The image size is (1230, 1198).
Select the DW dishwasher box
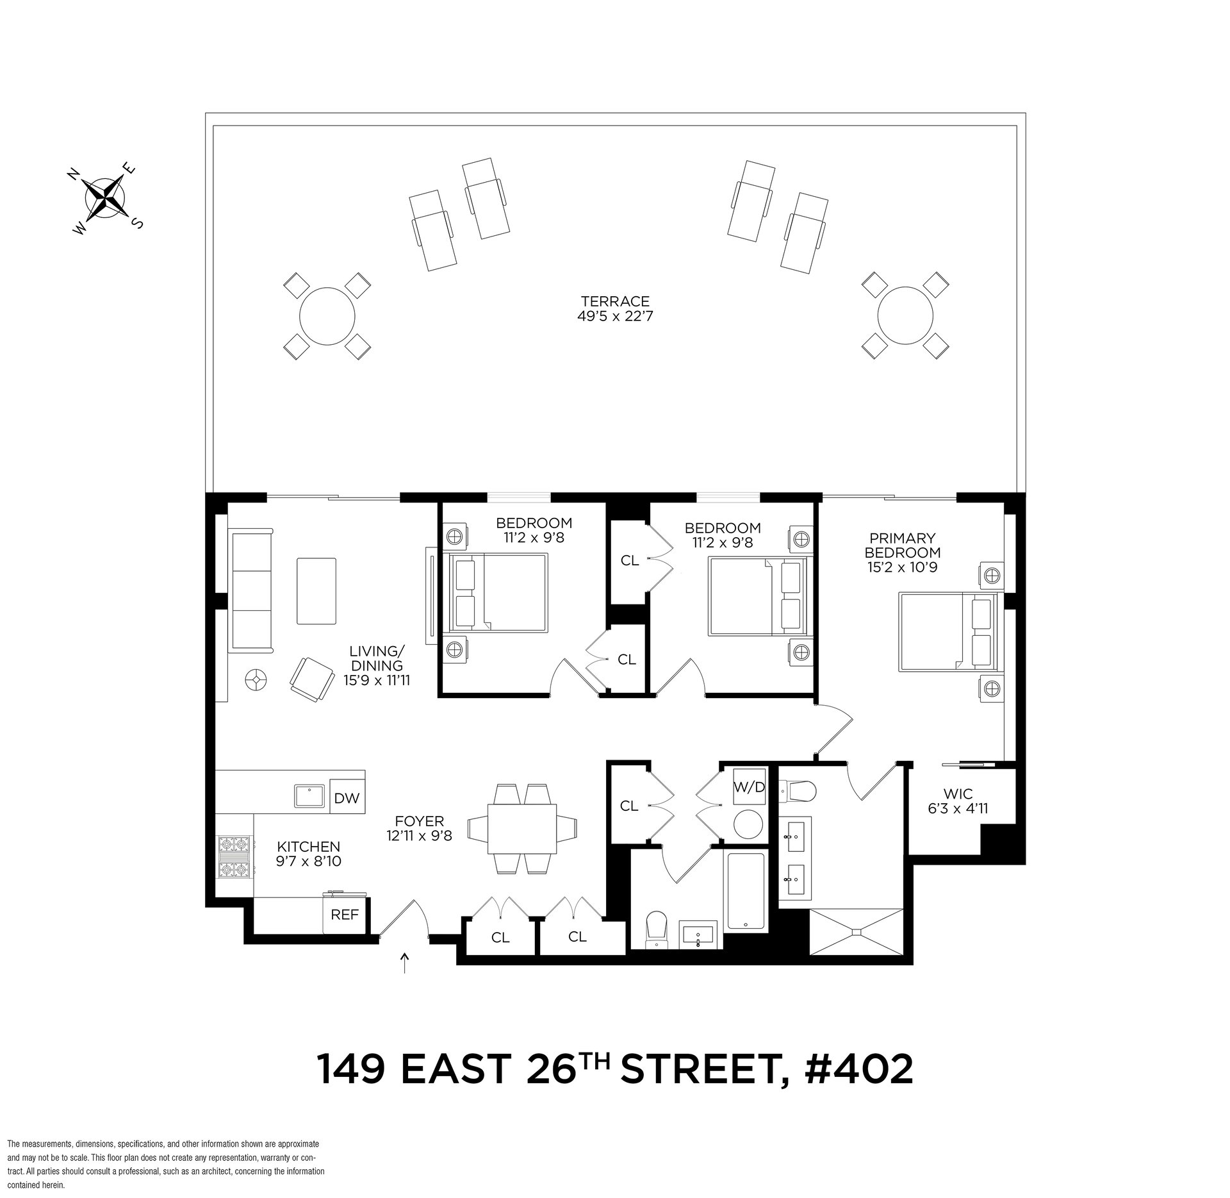pyautogui.click(x=347, y=799)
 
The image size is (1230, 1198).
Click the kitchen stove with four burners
pyautogui.click(x=234, y=856)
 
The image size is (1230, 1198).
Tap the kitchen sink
pyautogui.click(x=311, y=796)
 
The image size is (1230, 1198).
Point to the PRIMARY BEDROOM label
pyautogui.click(x=903, y=545)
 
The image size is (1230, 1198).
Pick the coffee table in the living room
pyautogui.click(x=316, y=590)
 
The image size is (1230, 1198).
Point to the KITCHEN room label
pyautogui.click(x=308, y=847)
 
